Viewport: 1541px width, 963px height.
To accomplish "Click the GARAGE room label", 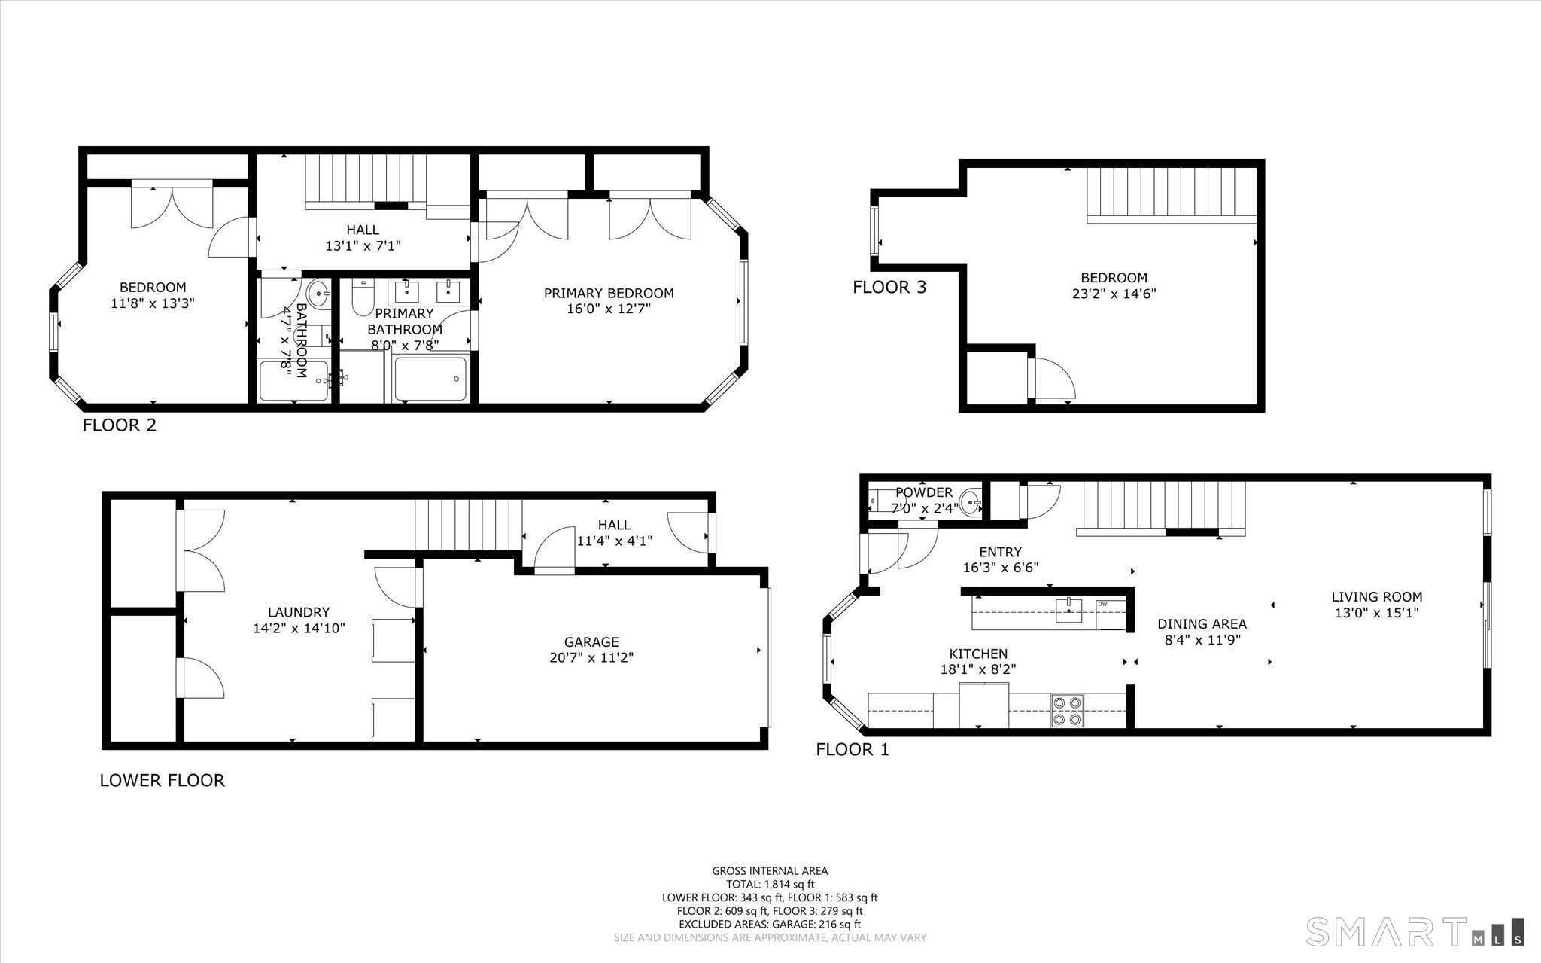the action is [x=591, y=642].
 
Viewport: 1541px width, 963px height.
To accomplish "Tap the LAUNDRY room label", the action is [x=299, y=613].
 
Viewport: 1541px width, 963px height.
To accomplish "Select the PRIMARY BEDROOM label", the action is [x=609, y=294].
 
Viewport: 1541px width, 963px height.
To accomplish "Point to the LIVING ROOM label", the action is [x=1377, y=597].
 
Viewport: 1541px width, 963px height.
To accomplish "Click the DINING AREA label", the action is [x=1202, y=624].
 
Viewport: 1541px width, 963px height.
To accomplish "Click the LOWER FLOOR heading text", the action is [x=163, y=780].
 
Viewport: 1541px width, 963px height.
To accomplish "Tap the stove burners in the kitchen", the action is [x=1068, y=711].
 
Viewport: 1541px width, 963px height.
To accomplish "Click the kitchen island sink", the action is [x=1068, y=611].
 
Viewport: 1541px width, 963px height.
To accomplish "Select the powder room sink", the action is [x=972, y=500].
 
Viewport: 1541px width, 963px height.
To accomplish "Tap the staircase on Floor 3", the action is [x=1172, y=194].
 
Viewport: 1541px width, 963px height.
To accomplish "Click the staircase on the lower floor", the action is [x=469, y=526].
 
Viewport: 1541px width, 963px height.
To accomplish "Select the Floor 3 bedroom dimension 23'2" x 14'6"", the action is [x=1114, y=294].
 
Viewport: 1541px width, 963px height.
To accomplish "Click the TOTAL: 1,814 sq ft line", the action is [x=770, y=885].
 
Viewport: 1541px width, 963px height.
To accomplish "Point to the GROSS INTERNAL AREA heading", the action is [x=770, y=871].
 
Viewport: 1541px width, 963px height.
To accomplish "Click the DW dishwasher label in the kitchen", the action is [x=1102, y=604].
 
